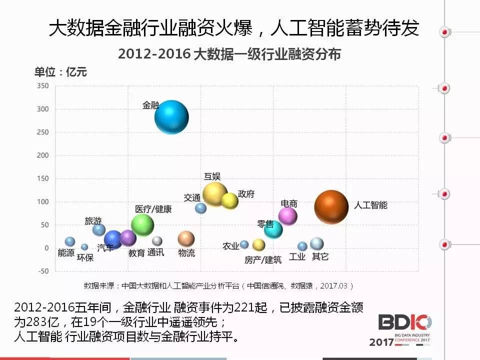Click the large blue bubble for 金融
[x=171, y=117]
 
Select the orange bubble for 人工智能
[x=331, y=207]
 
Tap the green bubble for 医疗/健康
[x=142, y=224]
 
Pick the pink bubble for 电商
[x=287, y=216]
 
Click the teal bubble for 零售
[x=273, y=229]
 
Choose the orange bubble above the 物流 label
[x=186, y=239]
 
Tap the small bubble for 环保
[x=84, y=247]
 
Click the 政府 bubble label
[x=246, y=193]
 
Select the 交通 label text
[x=192, y=197]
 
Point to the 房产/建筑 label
[x=263, y=259]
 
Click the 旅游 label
[x=93, y=220]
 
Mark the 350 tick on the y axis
[x=42, y=86]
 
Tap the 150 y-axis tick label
[x=42, y=178]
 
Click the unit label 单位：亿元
[x=60, y=72]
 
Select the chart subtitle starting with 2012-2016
[x=229, y=54]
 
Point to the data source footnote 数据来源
[x=218, y=286]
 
